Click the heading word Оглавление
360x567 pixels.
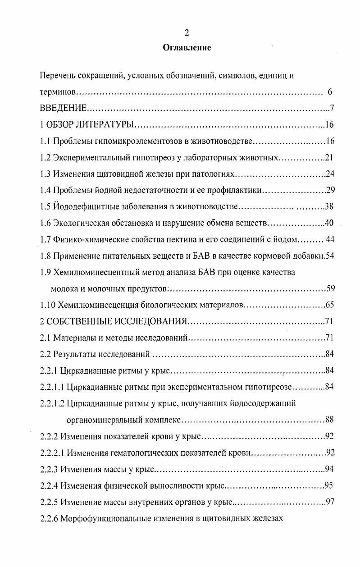187,47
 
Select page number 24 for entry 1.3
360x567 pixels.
329,174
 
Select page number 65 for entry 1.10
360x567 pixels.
329,305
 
